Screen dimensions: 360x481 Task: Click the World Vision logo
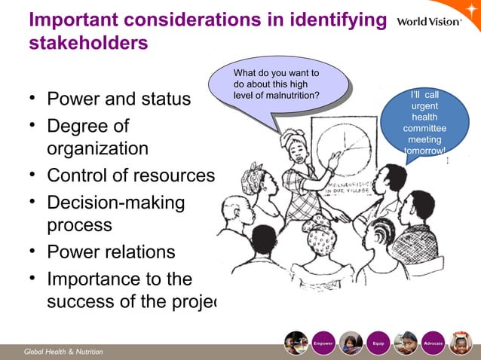pos(428,21)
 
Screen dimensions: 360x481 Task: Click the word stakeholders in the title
pos(87,44)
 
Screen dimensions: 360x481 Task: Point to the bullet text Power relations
pos(111,252)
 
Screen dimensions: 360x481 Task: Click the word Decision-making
pos(117,201)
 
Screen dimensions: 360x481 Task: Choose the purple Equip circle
pos(378,343)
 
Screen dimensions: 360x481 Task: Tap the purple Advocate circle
pos(434,343)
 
